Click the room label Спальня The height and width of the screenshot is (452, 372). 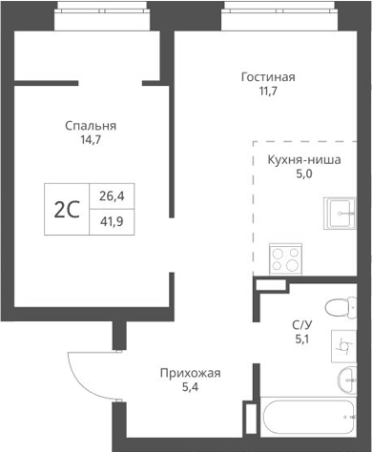[91, 125]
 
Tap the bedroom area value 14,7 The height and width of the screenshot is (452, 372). [91, 142]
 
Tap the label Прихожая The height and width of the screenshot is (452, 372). [190, 373]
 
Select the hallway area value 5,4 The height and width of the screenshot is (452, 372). [190, 389]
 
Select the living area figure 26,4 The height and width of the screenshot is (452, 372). [112, 196]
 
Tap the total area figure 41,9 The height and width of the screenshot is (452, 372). [112, 222]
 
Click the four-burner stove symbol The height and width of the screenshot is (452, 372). [285, 257]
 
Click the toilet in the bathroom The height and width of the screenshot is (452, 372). [337, 307]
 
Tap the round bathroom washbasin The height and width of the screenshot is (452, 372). [345, 381]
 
